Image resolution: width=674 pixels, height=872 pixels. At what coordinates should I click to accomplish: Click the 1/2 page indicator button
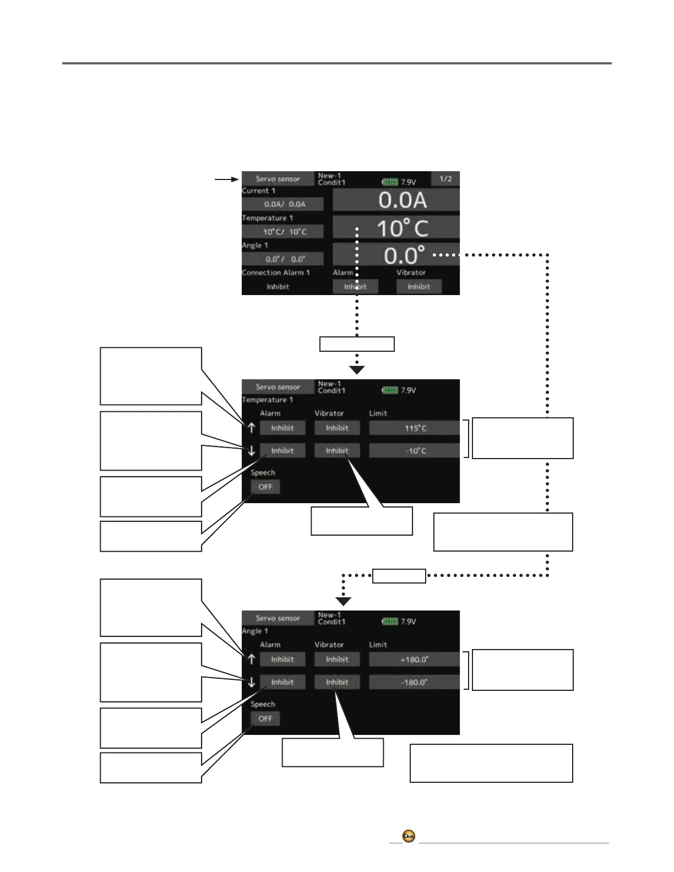click(445, 179)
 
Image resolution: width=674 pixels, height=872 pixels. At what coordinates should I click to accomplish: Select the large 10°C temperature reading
click(396, 227)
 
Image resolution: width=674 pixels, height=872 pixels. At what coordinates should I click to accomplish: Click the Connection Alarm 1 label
click(275, 272)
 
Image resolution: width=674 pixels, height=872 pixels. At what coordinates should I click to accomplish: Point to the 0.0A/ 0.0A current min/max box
click(283, 204)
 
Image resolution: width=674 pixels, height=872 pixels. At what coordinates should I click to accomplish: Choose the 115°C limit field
click(414, 428)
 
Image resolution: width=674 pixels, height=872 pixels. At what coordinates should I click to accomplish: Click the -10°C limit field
click(414, 451)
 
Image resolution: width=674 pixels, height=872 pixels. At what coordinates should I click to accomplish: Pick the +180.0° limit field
click(414, 660)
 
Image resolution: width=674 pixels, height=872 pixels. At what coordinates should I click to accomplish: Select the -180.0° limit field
click(414, 683)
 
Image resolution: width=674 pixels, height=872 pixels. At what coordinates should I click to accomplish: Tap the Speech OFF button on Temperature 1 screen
click(265, 487)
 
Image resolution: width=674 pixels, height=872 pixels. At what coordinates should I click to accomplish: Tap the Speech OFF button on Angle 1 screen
click(265, 718)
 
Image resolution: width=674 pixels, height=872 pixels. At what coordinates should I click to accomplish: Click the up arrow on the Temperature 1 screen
click(251, 427)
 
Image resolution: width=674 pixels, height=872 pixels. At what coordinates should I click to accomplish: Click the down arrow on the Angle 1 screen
click(251, 682)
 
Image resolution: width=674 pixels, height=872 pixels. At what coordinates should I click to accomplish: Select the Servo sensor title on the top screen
click(278, 179)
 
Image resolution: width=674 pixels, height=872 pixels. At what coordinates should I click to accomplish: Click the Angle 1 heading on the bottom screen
click(255, 631)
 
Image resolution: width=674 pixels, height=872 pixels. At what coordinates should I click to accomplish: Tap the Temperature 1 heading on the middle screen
click(267, 400)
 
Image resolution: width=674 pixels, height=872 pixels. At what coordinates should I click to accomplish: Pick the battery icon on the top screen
click(390, 182)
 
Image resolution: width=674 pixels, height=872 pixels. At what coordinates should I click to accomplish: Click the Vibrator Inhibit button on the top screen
click(419, 286)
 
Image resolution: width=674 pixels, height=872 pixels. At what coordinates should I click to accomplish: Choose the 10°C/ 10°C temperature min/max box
click(283, 232)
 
